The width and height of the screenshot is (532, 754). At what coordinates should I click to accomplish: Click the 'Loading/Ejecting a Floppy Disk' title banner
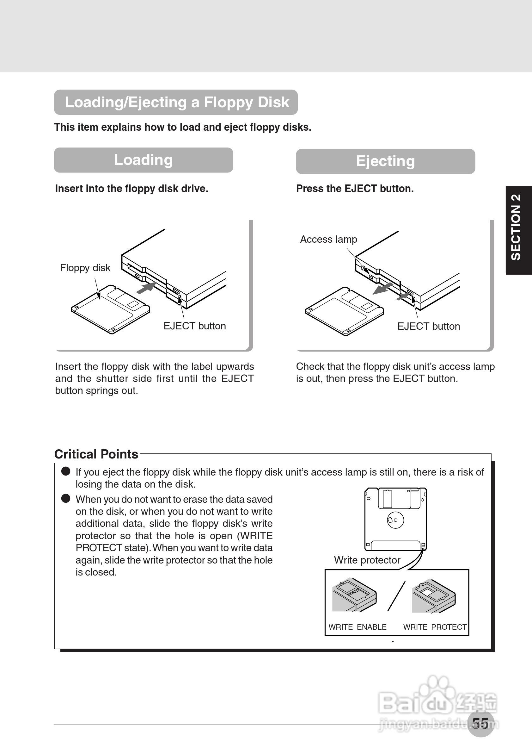pyautogui.click(x=176, y=102)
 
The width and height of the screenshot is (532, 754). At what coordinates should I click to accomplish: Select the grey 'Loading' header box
pyautogui.click(x=143, y=160)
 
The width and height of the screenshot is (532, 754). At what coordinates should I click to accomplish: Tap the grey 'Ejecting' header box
pyautogui.click(x=385, y=161)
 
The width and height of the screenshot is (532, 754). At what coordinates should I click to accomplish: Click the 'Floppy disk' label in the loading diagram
pyautogui.click(x=85, y=268)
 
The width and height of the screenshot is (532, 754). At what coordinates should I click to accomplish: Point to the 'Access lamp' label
pyautogui.click(x=328, y=240)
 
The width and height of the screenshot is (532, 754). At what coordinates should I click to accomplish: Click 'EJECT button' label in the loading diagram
pyautogui.click(x=194, y=326)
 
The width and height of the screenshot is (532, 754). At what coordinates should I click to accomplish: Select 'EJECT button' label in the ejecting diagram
pyautogui.click(x=428, y=327)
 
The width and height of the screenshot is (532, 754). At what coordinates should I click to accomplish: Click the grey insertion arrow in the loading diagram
pyautogui.click(x=145, y=288)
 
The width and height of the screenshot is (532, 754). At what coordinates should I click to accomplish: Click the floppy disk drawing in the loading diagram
pyautogui.click(x=110, y=310)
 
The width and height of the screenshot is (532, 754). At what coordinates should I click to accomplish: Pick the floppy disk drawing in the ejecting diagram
pyautogui.click(x=344, y=311)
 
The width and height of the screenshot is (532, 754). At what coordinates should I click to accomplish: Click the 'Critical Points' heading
pyautogui.click(x=96, y=454)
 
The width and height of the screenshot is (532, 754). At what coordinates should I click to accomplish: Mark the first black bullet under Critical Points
pyautogui.click(x=66, y=471)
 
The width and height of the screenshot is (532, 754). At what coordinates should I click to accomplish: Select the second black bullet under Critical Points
pyautogui.click(x=66, y=499)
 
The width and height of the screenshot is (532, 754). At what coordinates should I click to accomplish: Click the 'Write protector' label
pyautogui.click(x=367, y=560)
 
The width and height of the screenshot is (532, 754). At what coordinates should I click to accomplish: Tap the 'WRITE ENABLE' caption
pyautogui.click(x=358, y=627)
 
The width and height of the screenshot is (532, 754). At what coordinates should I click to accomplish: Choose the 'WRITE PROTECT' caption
pyautogui.click(x=435, y=627)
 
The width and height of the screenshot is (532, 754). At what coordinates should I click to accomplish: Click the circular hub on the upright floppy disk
pyautogui.click(x=395, y=520)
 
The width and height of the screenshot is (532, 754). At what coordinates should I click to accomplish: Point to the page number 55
pyautogui.click(x=480, y=723)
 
